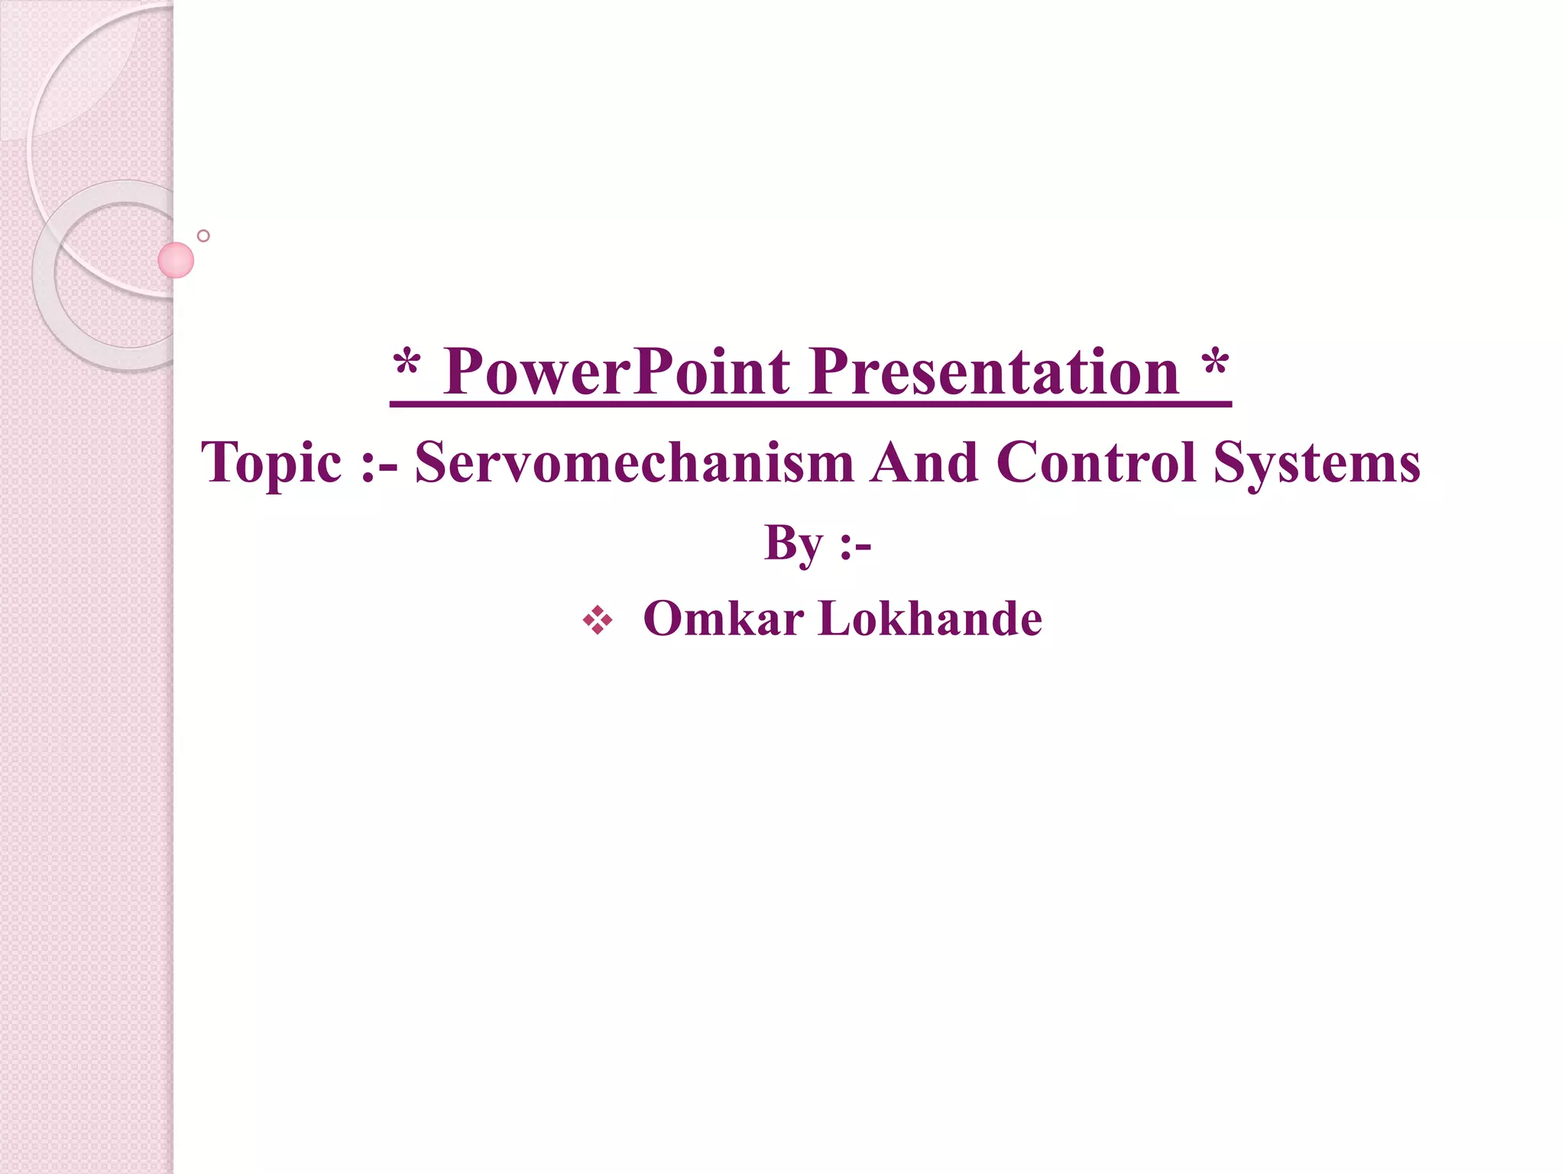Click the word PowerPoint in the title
pyautogui.click(x=616, y=372)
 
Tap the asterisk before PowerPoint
pyautogui.click(x=407, y=365)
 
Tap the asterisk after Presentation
pyautogui.click(x=1215, y=365)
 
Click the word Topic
pyautogui.click(x=271, y=463)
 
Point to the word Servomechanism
pyautogui.click(x=634, y=463)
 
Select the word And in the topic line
pyautogui.click(x=925, y=463)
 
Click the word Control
pyautogui.click(x=1096, y=463)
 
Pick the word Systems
pyautogui.click(x=1317, y=463)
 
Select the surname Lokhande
pyautogui.click(x=930, y=618)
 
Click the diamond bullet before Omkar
pyautogui.click(x=598, y=620)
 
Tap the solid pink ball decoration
pyautogui.click(x=176, y=260)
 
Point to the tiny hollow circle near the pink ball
pyautogui.click(x=203, y=235)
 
